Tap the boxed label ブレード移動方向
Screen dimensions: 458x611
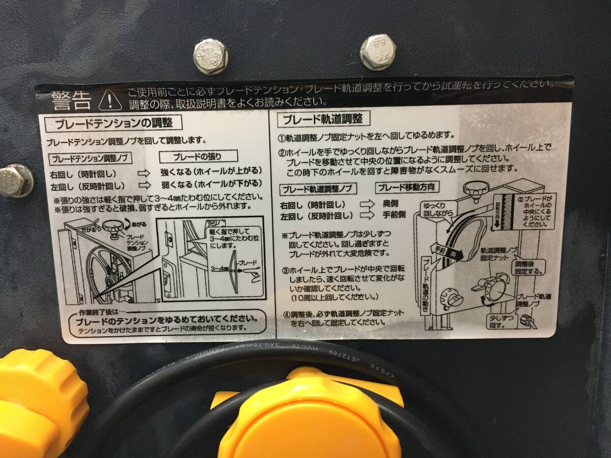[x=407, y=187]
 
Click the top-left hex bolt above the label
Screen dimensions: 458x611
[x=210, y=56]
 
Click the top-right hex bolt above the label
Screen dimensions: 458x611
[x=378, y=51]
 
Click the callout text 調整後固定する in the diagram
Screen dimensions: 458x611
[x=530, y=268]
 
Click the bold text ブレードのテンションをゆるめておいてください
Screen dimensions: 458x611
[x=167, y=320]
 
